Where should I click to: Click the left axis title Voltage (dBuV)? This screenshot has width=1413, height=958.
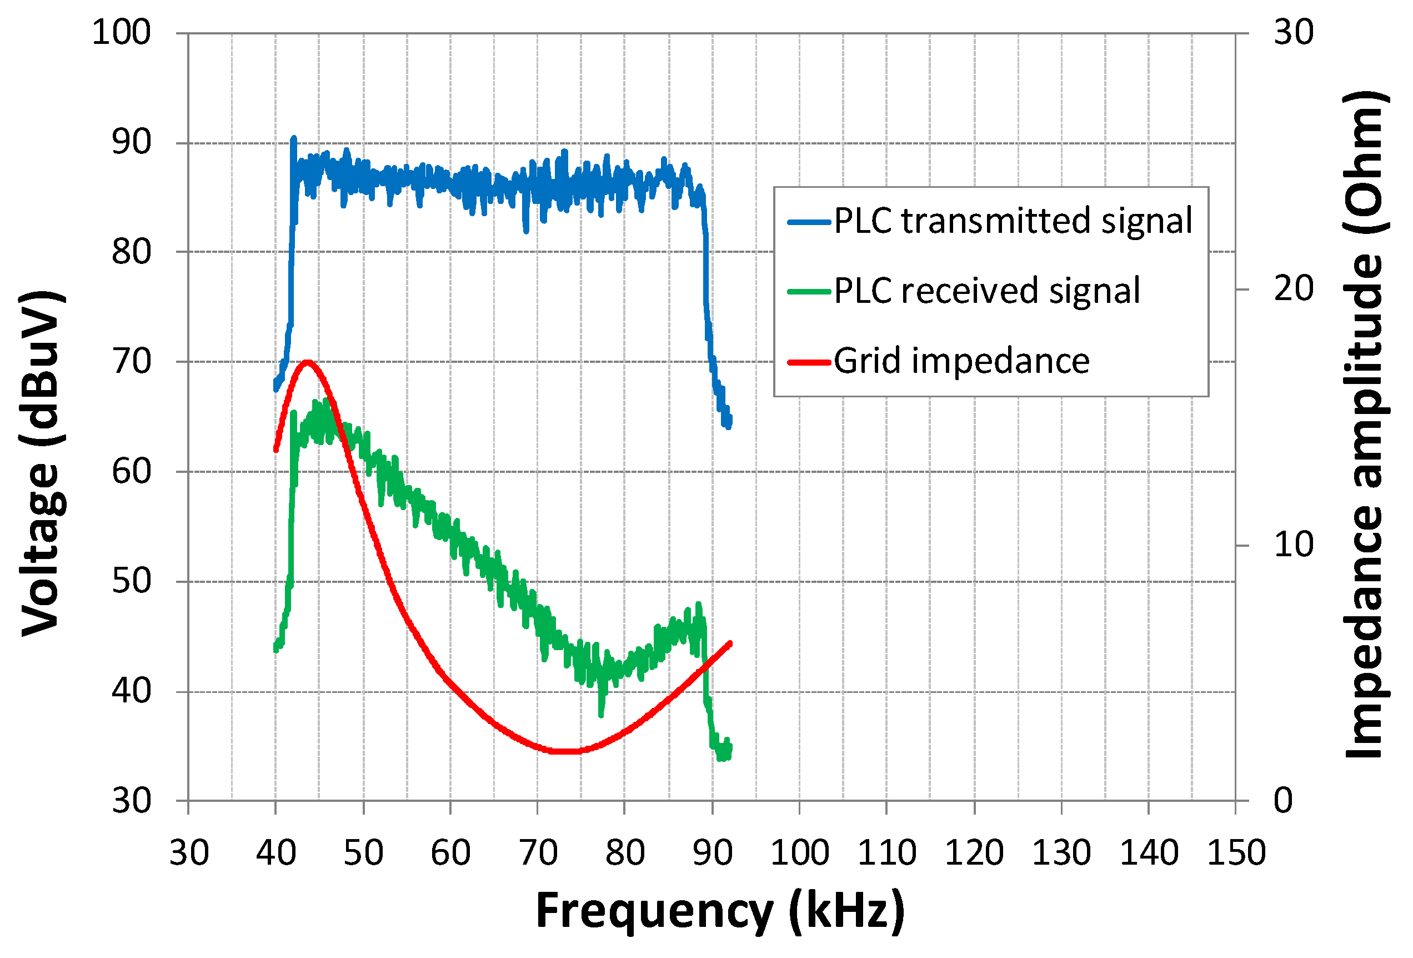click(41, 463)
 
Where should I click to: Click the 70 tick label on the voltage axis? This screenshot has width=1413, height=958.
click(131, 361)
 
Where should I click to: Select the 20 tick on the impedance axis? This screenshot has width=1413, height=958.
click(1294, 289)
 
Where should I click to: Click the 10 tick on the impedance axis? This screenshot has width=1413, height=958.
click(1294, 545)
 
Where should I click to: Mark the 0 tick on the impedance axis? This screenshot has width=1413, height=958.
click(1283, 801)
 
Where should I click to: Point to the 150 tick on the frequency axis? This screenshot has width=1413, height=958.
click(1236, 853)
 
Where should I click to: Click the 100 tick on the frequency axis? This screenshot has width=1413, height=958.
click(799, 853)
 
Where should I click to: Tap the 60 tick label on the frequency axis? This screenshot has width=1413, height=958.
click(450, 853)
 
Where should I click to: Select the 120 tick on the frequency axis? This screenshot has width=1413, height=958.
click(974, 853)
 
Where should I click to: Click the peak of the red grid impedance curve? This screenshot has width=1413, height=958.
click(308, 362)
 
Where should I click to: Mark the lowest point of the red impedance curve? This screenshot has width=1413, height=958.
click(567, 751)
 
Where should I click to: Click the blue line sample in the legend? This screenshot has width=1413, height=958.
click(809, 223)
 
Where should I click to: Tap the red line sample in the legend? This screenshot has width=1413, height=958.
click(809, 362)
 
